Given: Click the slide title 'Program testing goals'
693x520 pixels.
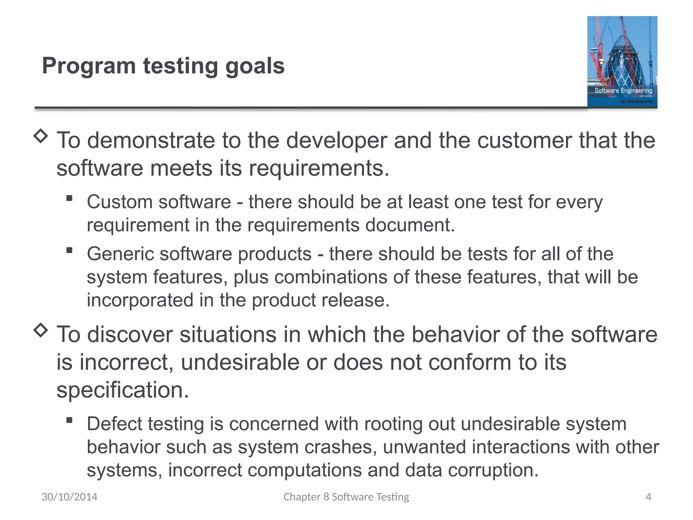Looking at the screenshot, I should tap(163, 66).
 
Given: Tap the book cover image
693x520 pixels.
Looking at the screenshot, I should tap(622, 62).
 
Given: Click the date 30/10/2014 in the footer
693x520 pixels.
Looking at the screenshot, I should tap(69, 497).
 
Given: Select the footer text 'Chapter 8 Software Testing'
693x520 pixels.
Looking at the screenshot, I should tap(346, 497).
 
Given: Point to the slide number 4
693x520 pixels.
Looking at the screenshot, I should tap(648, 497).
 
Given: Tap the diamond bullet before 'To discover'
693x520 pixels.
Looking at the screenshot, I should tap(41, 330).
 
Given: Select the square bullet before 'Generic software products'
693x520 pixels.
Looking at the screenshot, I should tap(69, 250).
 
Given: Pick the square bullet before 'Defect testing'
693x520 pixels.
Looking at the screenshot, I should tap(69, 420).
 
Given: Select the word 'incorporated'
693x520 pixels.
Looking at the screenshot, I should tap(140, 300).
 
